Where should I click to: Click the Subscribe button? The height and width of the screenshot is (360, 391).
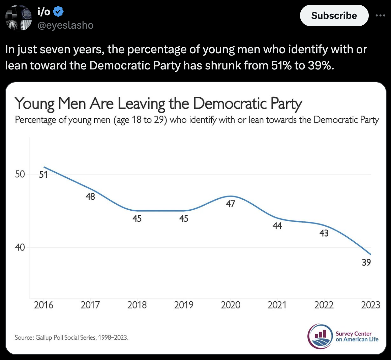[334, 16]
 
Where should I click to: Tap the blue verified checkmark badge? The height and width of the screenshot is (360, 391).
[59, 12]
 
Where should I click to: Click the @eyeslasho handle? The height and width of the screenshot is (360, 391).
[65, 25]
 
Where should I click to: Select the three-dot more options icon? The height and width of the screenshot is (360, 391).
[381, 16]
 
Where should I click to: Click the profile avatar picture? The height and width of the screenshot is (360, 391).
[19, 18]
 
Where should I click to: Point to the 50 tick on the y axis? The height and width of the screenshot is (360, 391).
[20, 174]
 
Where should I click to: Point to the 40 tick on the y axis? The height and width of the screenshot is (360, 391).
[20, 247]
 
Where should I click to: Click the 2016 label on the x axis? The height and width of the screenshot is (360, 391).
[43, 305]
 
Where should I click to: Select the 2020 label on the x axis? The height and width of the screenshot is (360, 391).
[231, 305]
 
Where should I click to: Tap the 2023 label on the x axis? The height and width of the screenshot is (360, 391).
[370, 305]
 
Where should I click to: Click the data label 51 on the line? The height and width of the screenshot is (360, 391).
[43, 175]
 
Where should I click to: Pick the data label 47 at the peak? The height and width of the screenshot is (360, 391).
[230, 204]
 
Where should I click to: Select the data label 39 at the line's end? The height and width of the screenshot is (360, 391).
[366, 262]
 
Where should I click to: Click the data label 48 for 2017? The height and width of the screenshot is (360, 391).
[90, 197]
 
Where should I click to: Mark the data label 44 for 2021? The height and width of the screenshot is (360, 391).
[277, 226]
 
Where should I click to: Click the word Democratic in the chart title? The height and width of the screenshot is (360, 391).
[230, 103]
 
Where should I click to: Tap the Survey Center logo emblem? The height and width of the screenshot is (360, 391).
[320, 336]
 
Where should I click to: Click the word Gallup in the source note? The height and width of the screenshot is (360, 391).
[43, 337]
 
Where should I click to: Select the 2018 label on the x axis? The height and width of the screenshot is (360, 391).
[137, 305]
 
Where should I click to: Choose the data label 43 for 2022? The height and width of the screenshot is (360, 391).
[324, 233]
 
